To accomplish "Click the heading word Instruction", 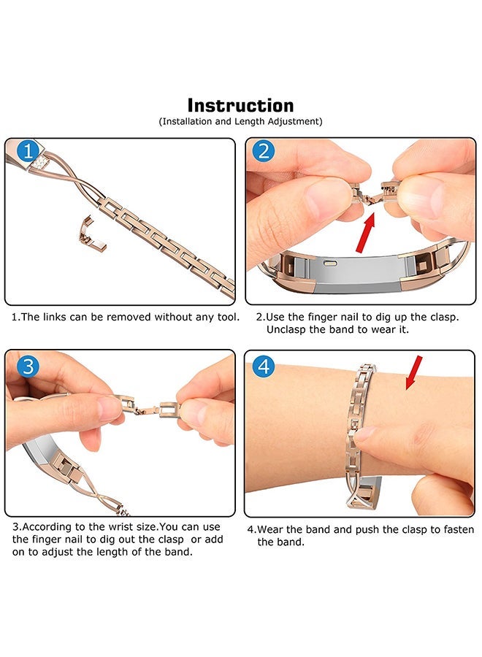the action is tap(240, 105).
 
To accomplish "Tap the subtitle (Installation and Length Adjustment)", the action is tap(240, 121).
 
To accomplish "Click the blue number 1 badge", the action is tap(28, 151).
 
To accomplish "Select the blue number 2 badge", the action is tap(264, 151).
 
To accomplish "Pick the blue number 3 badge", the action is tap(28, 366).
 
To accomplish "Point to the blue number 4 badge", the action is tap(264, 366).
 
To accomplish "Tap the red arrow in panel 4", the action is tap(413, 372).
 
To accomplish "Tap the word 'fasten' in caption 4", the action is tap(459, 530).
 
